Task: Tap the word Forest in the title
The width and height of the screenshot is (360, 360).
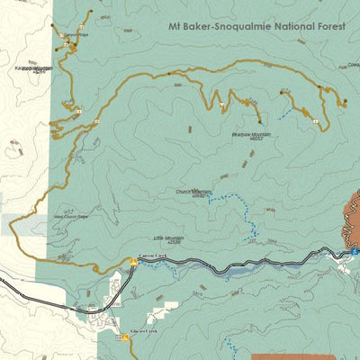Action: pos(324,26)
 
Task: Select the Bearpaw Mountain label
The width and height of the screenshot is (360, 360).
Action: pos(251,136)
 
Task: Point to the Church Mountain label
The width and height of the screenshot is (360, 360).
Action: pos(193,193)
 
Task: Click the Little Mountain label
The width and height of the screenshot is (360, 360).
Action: pos(168,239)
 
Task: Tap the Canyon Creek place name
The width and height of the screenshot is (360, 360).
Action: pos(153,256)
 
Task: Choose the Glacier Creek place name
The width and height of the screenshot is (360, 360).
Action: pos(145,330)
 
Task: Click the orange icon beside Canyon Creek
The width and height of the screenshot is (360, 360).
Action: pos(133,263)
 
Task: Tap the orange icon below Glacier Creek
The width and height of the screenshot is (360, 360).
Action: pos(125,337)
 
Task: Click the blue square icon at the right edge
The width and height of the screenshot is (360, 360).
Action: pos(355,255)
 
